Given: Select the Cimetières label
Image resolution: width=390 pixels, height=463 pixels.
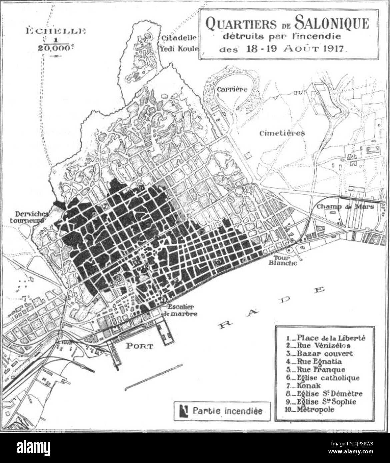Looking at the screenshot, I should pos(282,133).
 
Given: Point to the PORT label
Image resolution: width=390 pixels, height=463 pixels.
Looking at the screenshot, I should pos(139,346).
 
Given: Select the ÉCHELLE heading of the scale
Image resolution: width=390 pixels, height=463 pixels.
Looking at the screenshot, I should pos(55,32).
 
